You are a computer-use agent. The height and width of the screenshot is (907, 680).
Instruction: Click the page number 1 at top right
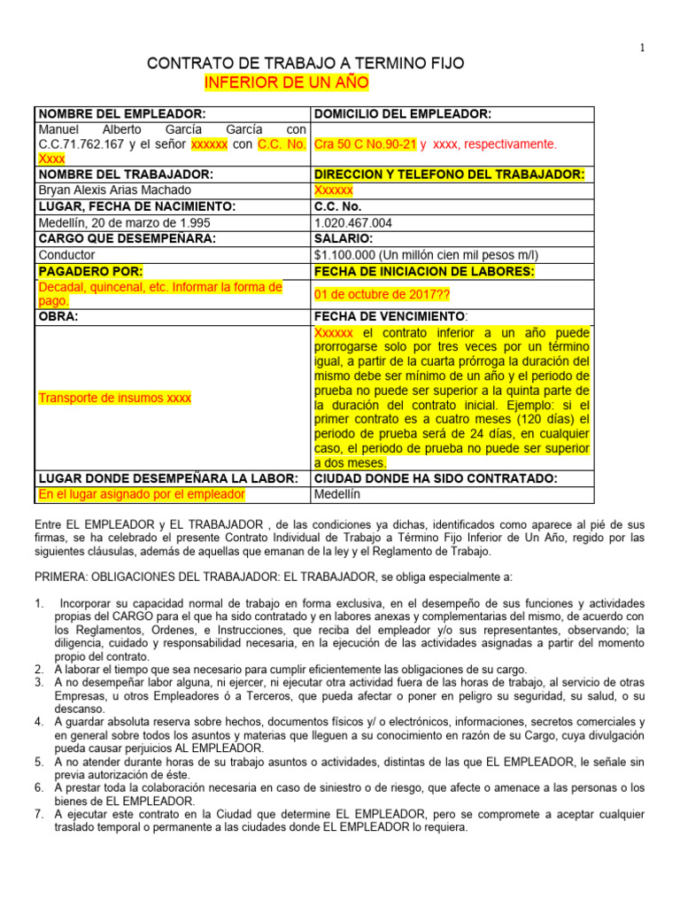[x=641, y=48]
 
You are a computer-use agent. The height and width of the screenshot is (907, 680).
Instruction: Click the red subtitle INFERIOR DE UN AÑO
[x=287, y=83]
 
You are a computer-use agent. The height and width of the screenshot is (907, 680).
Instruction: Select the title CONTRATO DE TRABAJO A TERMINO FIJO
[x=305, y=64]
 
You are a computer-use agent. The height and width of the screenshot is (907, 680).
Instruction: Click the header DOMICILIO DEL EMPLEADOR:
[x=403, y=114]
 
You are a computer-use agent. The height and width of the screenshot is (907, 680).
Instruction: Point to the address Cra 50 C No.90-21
[x=365, y=143]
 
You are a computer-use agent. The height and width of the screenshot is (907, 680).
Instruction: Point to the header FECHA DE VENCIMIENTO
[x=389, y=316]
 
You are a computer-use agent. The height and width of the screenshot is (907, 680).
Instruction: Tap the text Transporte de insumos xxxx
[x=114, y=398]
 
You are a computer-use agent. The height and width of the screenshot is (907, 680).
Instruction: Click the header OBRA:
[x=56, y=316]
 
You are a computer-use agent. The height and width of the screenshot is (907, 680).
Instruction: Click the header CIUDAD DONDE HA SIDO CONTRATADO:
[x=436, y=478]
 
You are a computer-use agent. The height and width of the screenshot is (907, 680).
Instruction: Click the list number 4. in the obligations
[x=40, y=722]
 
